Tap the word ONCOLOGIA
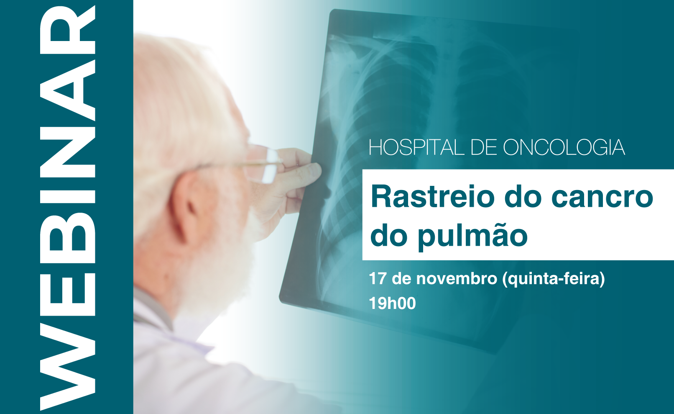coord(564,147)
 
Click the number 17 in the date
coord(377,278)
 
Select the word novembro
coord(457,278)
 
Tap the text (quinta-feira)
coord(553,279)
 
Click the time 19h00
coord(392,303)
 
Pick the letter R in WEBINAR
coord(68,31)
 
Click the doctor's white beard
coord(217,271)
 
